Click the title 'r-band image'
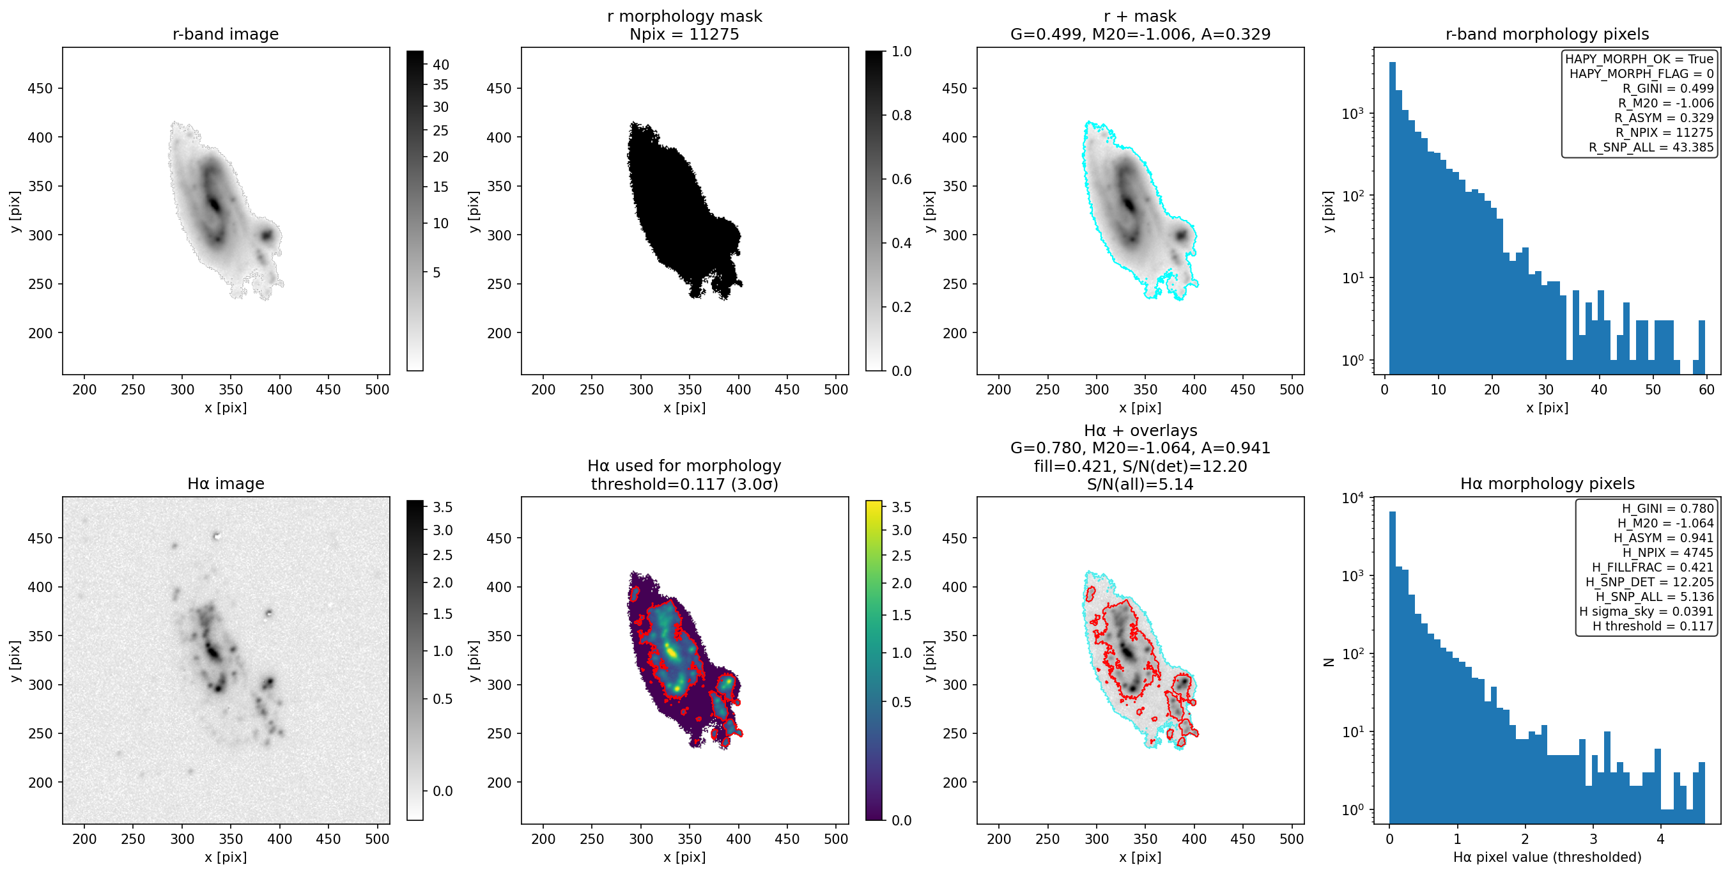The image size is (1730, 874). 226,35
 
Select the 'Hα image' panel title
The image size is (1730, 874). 226,484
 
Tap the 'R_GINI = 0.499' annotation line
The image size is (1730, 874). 1667,89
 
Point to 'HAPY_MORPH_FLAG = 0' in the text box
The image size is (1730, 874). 1641,74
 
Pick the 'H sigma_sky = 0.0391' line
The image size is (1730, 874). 1646,611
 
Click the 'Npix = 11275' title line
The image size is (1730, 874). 684,35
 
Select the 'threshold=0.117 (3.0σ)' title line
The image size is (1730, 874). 684,485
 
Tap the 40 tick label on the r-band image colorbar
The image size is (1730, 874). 440,65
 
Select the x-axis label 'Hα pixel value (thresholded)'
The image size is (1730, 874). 1547,857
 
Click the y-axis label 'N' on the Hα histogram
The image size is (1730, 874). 1328,662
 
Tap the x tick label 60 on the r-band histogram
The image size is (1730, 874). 1706,389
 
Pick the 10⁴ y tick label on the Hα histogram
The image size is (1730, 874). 1352,499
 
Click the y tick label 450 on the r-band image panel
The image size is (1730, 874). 40,89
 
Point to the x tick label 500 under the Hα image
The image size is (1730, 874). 377,839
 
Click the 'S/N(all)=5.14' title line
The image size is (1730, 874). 1140,485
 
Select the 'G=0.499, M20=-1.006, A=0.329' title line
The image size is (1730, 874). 1140,35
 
